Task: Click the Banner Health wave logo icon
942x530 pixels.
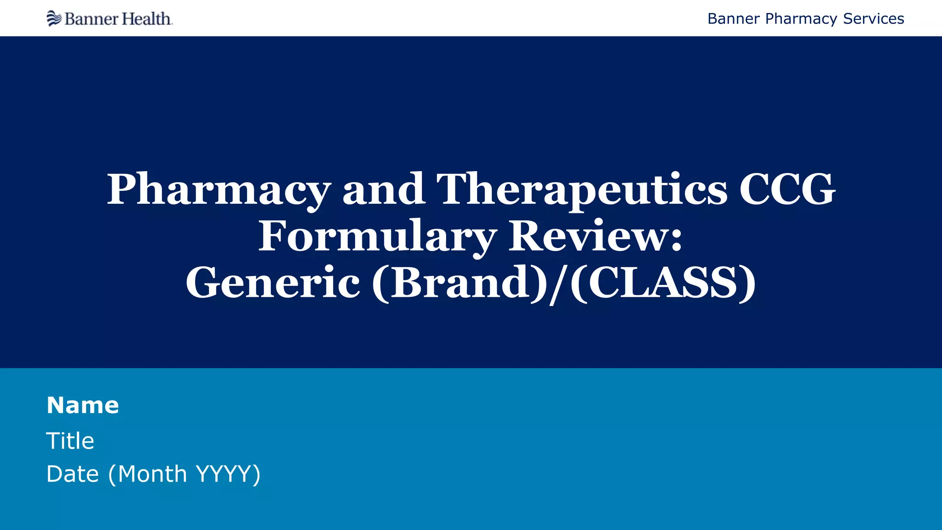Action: pos(54,18)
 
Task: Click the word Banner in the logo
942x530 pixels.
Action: pos(86,19)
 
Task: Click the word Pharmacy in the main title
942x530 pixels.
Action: pos(219,190)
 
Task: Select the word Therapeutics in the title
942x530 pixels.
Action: pos(582,190)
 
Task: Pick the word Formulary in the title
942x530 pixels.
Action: pos(377,236)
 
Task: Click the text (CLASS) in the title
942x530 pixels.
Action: pos(663,283)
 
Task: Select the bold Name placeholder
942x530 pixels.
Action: pos(83,405)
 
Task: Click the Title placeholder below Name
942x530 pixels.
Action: pos(70,441)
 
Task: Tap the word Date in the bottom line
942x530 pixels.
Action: pos(73,474)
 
